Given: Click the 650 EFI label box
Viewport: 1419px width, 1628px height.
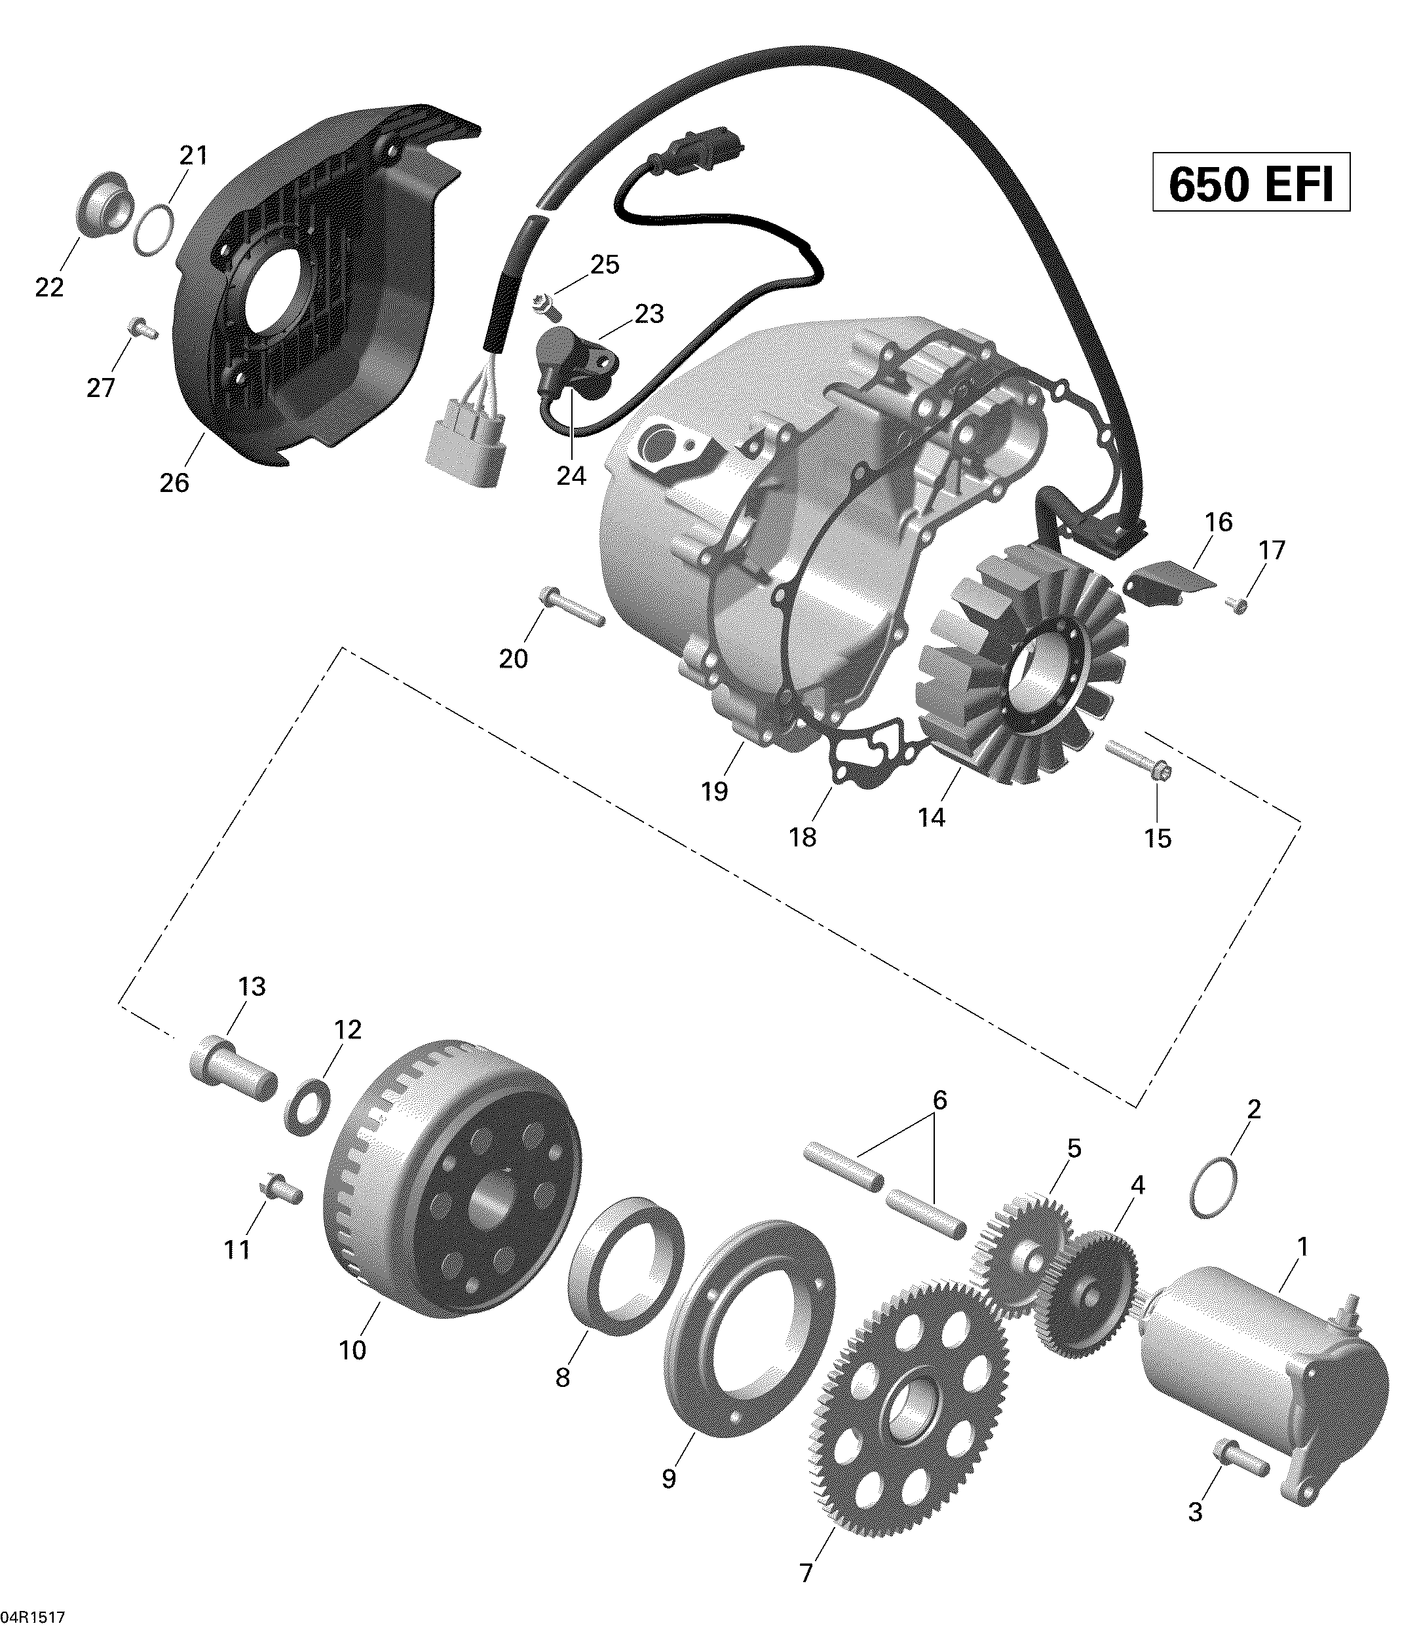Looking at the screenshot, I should click(1251, 185).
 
